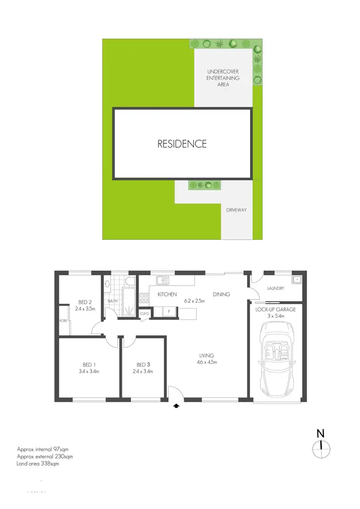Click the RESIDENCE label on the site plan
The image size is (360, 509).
tap(182, 143)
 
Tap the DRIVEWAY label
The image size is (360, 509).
tap(236, 210)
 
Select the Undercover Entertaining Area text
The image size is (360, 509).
tap(223, 78)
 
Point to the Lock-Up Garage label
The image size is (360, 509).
tap(276, 309)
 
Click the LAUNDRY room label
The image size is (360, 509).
tap(276, 288)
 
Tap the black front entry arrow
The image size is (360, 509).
tap(176, 405)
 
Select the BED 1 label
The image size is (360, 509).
tap(87, 365)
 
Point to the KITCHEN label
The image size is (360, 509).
tap(167, 295)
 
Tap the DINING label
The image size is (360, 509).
tap(222, 295)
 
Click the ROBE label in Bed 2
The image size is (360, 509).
tap(63, 320)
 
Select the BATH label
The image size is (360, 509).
tap(113, 301)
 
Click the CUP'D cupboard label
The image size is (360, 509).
tap(144, 313)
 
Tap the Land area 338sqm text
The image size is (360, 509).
tap(38, 464)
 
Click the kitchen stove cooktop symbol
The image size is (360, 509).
tap(144, 298)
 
